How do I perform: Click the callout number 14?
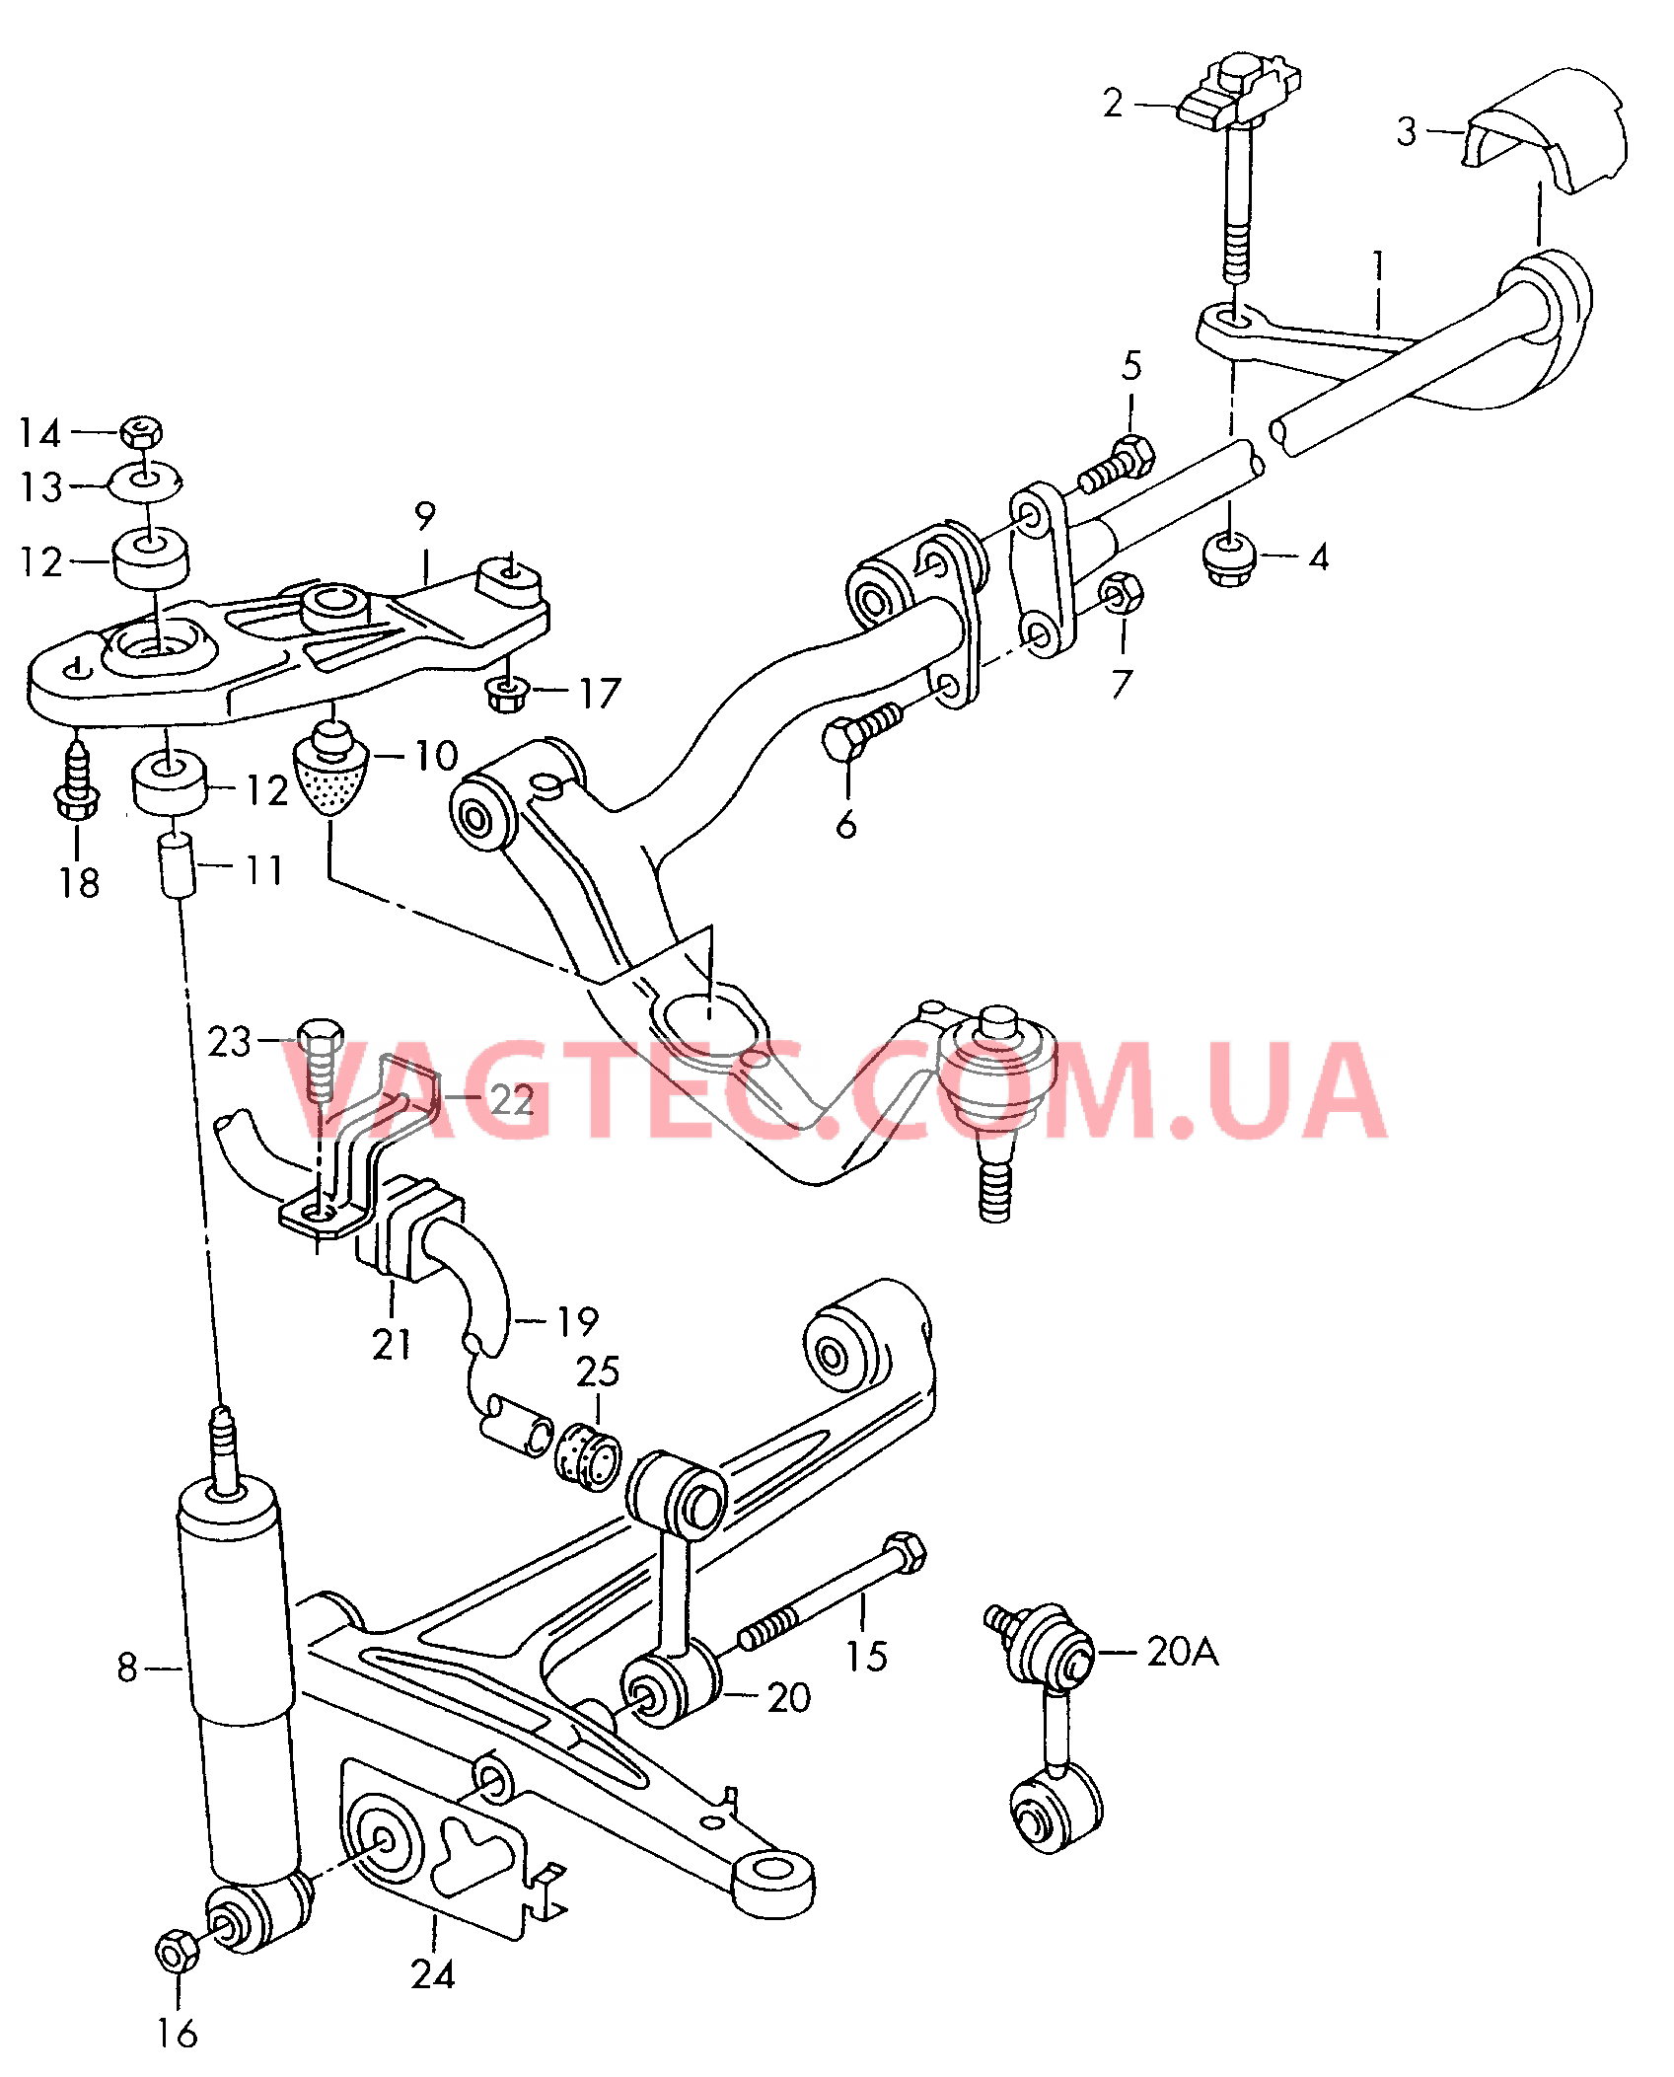click(40, 433)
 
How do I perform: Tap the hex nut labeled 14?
click(141, 431)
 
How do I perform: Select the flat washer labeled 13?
click(145, 481)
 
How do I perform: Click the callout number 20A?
click(1183, 1651)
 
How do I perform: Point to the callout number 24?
click(433, 1973)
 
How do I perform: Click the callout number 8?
click(127, 1668)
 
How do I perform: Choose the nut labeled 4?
click(1229, 558)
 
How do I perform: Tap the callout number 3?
click(1407, 131)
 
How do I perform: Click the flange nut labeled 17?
click(507, 693)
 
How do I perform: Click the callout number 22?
click(512, 1100)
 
